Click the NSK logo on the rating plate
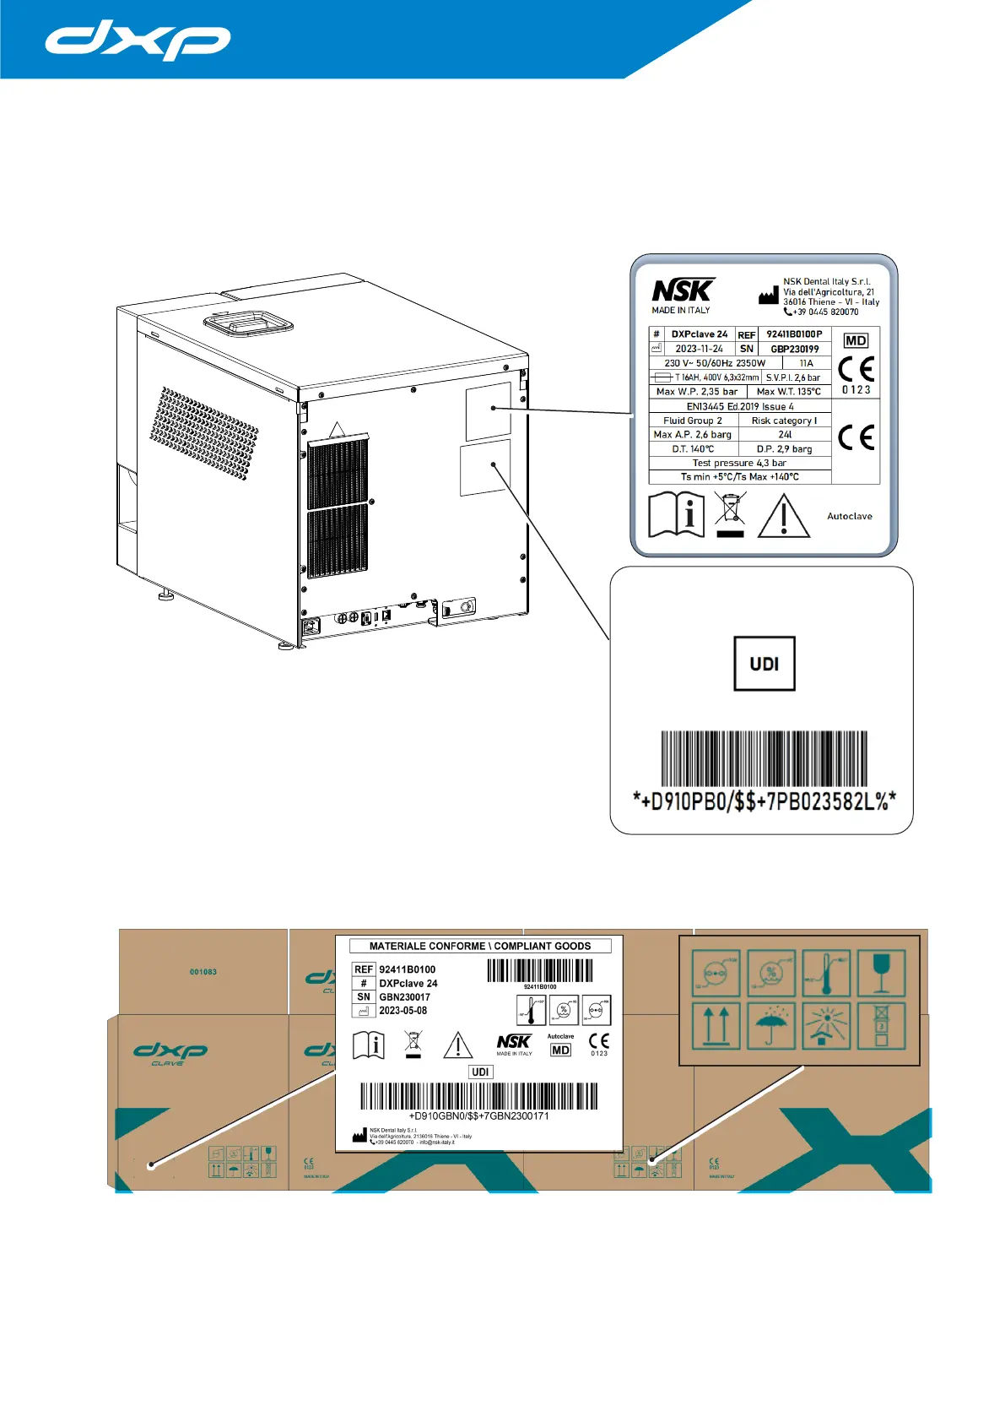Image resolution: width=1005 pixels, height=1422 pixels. point(683,290)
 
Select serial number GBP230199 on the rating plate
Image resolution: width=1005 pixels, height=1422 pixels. point(794,349)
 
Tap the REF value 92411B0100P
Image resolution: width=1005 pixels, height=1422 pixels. point(794,334)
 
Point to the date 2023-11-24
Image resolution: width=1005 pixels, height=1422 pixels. point(699,349)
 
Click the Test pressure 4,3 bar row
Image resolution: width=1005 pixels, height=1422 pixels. point(739,463)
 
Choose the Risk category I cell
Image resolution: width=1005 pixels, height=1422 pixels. point(784,421)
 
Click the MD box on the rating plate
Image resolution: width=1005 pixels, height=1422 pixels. point(856,340)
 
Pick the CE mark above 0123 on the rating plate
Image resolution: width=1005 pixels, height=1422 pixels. point(856,369)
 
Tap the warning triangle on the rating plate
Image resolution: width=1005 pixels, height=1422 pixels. point(783,516)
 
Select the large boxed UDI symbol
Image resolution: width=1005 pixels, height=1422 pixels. point(764,664)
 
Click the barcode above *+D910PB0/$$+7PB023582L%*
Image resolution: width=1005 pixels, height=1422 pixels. point(764,758)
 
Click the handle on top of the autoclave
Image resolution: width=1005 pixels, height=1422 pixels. point(247,321)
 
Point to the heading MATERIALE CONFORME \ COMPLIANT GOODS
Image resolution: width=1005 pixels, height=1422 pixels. point(479,946)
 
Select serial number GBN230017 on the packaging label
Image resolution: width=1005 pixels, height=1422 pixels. point(404,997)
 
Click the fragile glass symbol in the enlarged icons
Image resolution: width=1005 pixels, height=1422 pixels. point(881,973)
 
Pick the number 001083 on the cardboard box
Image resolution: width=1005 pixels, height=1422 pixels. point(203,972)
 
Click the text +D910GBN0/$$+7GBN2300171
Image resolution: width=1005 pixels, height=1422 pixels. point(478,1115)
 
